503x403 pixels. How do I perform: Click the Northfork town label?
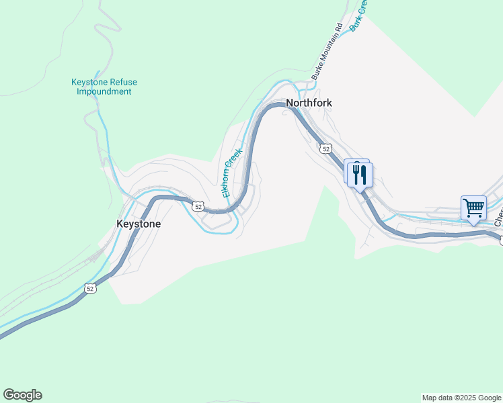[309, 103]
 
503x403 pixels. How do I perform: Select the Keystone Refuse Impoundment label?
[104, 87]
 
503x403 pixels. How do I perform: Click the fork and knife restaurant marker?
[360, 175]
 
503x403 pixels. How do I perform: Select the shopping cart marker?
[473, 208]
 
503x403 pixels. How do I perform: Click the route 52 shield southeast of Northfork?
[325, 148]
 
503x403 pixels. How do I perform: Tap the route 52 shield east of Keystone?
[197, 206]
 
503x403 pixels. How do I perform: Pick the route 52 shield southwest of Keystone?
[91, 288]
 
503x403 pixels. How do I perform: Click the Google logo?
[22, 395]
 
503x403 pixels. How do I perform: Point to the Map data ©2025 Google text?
[461, 398]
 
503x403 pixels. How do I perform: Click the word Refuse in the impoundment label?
[124, 83]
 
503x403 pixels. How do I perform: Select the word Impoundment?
[104, 91]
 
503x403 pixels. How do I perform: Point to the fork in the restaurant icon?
[355, 174]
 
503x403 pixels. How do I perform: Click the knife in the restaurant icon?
[364, 175]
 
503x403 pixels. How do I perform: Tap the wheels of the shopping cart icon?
[474, 214]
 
